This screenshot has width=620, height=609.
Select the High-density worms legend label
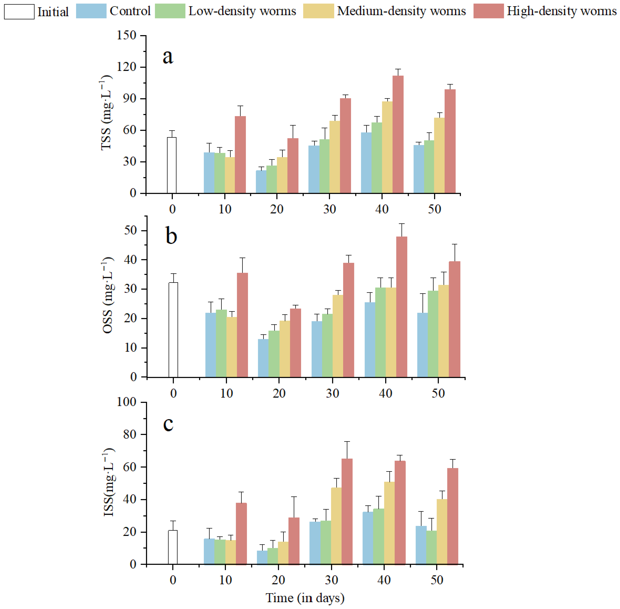pyautogui.click(x=561, y=11)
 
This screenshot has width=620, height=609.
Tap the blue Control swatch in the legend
pyautogui.click(x=91, y=11)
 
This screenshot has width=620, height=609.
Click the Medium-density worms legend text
pyautogui.click(x=401, y=11)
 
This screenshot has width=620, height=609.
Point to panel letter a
pyautogui.click(x=168, y=57)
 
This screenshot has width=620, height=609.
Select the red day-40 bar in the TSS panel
pyautogui.click(x=398, y=134)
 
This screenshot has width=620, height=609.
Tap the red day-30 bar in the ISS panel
pyautogui.click(x=347, y=512)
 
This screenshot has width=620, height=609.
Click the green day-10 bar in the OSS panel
pyautogui.click(x=221, y=343)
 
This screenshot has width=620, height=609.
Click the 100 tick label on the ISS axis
pyautogui.click(x=127, y=402)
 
